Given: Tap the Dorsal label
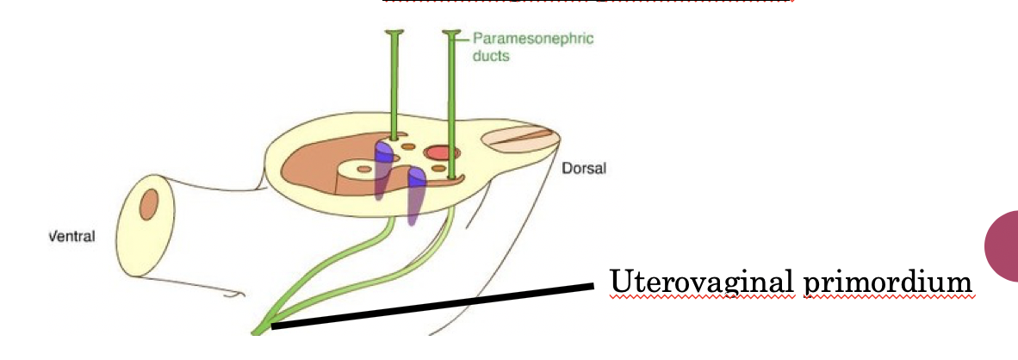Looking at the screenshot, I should coord(584,168).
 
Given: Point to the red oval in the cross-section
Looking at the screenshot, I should coord(440,153).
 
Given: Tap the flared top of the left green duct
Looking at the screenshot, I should coord(395,34).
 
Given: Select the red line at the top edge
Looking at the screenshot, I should coord(586,2).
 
